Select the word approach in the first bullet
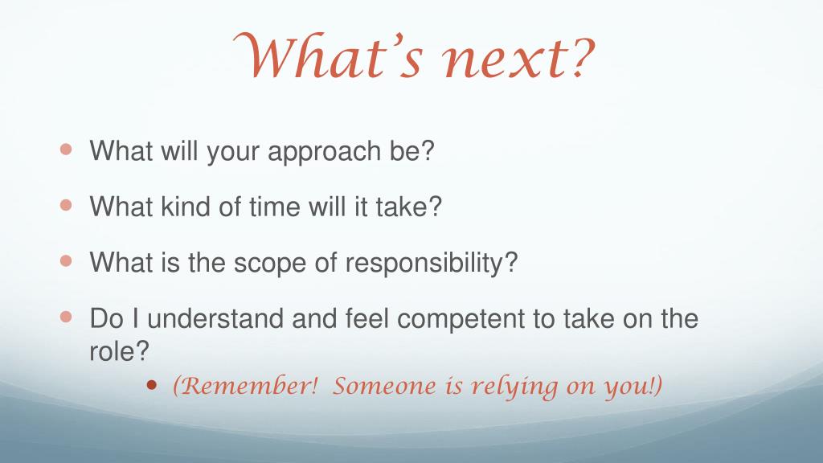click(x=324, y=152)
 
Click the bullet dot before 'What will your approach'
click(x=66, y=149)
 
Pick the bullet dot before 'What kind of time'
click(x=66, y=204)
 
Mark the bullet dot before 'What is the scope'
click(x=66, y=260)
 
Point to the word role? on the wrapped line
click(x=119, y=351)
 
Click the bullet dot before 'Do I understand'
click(x=66, y=317)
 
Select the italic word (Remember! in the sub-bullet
click(x=245, y=386)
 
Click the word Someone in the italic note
click(x=384, y=387)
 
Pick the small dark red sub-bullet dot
click(x=152, y=386)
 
